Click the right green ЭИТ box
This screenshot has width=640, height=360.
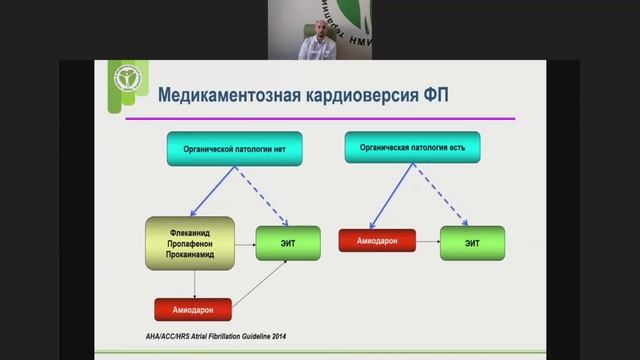(x=472, y=243)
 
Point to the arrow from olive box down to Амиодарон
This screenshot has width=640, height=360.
(x=190, y=285)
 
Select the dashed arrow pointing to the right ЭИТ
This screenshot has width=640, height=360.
(x=441, y=195)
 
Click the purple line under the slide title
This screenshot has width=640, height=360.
(x=320, y=118)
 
